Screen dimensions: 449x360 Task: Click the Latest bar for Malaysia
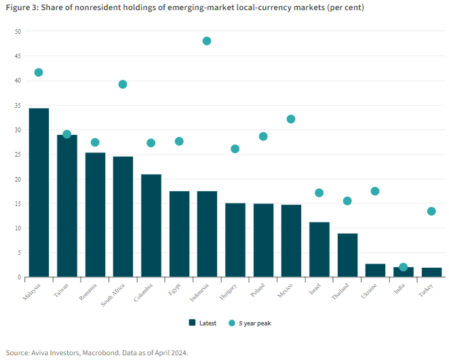pyautogui.click(x=39, y=193)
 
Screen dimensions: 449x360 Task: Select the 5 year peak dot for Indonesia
pyautogui.click(x=207, y=41)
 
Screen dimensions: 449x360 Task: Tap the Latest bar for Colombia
pyautogui.click(x=151, y=226)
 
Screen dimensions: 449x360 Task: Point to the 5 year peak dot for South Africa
pyautogui.click(x=123, y=84)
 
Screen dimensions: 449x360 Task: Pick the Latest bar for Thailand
pyautogui.click(x=348, y=256)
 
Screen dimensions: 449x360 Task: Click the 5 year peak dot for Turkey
pyautogui.click(x=431, y=212)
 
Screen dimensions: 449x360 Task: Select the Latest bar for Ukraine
pyautogui.click(x=375, y=271)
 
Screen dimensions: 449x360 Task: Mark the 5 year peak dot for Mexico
pyautogui.click(x=291, y=119)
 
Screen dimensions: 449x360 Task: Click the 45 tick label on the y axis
pyautogui.click(x=18, y=56)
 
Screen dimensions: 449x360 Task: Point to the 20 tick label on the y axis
pyautogui.click(x=18, y=180)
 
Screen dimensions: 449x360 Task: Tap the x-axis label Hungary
pyautogui.click(x=228, y=292)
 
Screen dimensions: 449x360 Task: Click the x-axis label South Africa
pyautogui.click(x=113, y=295)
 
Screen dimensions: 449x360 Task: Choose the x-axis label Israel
pyautogui.click(x=315, y=289)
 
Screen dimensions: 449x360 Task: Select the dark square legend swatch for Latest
pyautogui.click(x=192, y=323)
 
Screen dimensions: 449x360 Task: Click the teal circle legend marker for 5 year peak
pyautogui.click(x=232, y=323)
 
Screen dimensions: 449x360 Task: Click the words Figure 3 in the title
pyautogui.click(x=22, y=7)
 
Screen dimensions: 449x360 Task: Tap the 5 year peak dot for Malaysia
pyautogui.click(x=39, y=73)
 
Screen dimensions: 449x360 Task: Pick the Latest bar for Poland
pyautogui.click(x=263, y=241)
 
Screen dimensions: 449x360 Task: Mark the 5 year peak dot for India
pyautogui.click(x=403, y=267)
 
